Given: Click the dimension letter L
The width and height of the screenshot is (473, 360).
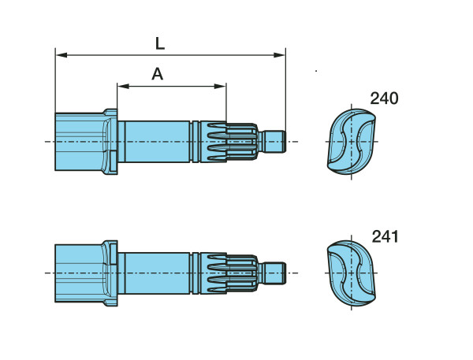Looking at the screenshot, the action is click(160, 43).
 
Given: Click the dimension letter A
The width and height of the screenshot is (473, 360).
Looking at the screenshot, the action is click(158, 74).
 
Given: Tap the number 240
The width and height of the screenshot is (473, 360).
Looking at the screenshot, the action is click(384, 98).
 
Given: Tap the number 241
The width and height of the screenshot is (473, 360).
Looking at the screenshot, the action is click(385, 236).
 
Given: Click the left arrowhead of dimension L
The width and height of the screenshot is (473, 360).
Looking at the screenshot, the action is click(61, 55).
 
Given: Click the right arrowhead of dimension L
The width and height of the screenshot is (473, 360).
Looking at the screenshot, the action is click(279, 55).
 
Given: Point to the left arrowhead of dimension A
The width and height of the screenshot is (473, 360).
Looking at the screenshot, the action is click(124, 86).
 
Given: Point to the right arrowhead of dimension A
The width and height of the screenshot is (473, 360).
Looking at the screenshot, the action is click(220, 86).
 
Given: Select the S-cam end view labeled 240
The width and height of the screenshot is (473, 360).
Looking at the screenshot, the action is click(352, 142).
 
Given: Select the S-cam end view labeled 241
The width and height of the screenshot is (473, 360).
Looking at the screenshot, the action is click(352, 273).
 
